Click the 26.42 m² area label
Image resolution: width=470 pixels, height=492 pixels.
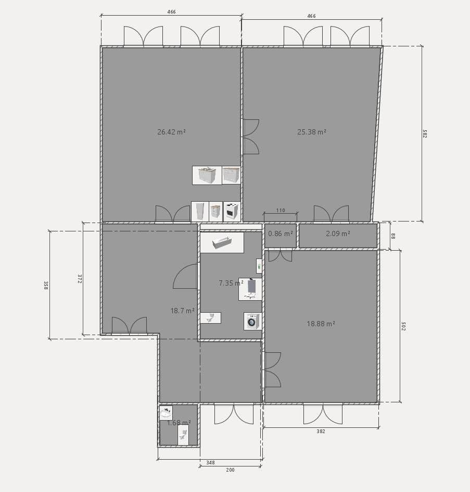tap(171, 132)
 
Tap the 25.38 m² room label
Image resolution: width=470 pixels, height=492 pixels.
tap(312, 132)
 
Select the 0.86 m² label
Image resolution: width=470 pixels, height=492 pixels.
tap(280, 234)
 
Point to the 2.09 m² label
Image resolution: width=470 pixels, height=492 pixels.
tap(338, 234)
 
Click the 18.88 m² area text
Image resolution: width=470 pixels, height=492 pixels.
tap(321, 324)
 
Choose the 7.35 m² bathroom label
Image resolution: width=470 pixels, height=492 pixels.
tap(231, 283)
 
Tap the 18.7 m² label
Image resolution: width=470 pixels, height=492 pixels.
tap(182, 311)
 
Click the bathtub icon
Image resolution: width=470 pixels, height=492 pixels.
tap(222, 242)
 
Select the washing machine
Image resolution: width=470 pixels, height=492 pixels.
tap(252, 321)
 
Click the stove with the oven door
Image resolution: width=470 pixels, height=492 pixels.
tap(232, 212)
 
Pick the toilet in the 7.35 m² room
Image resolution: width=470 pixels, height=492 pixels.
tap(210, 317)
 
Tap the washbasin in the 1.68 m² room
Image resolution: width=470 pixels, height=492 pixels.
tap(166, 413)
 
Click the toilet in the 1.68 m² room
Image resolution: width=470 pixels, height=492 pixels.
tap(183, 434)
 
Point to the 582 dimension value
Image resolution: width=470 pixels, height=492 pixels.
tap(424, 134)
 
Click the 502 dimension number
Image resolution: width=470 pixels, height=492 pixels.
tap(403, 326)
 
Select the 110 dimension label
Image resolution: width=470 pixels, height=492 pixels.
tap(281, 211)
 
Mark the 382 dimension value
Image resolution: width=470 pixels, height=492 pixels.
tap(321, 432)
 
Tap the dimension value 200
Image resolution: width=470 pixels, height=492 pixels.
tap(230, 470)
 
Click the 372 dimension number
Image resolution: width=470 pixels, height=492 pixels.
tap(80, 279)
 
